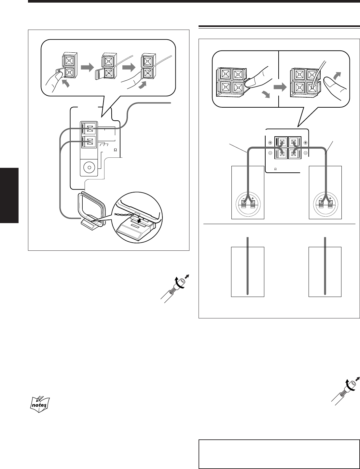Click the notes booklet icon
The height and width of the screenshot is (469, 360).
point(39,401)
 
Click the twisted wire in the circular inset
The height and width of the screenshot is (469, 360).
point(124,214)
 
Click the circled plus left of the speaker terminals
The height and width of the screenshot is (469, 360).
point(270,143)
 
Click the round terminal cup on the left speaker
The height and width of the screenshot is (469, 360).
point(248,204)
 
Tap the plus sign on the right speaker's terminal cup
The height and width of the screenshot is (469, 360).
point(330,198)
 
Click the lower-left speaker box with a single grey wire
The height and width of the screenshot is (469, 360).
point(247,272)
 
